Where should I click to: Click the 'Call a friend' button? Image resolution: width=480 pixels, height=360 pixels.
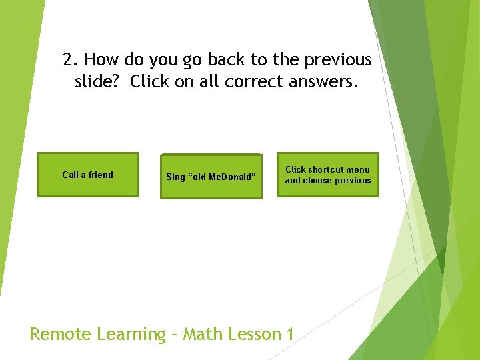pos(87,175)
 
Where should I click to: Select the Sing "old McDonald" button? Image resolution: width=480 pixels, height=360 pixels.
pos(211,177)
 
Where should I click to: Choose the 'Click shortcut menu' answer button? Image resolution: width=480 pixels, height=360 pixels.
pos(328,175)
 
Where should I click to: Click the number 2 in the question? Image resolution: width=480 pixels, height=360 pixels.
pos(68,60)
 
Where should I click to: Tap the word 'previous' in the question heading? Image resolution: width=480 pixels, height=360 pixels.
pos(338,60)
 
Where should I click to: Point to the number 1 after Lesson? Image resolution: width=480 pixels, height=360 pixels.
pos(289,334)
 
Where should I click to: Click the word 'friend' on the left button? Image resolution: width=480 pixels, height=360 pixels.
pos(100,175)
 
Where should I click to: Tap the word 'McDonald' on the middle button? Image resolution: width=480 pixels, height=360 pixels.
pos(233,177)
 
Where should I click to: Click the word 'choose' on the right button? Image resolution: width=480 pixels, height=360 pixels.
pos(318,181)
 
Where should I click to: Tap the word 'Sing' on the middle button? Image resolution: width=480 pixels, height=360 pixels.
pos(175,177)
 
